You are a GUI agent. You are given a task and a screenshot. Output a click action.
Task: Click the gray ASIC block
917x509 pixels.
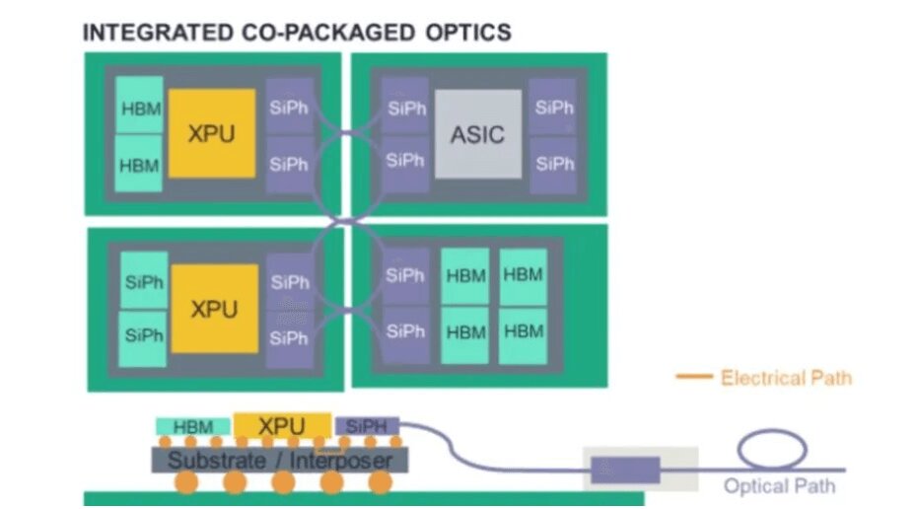[477, 133]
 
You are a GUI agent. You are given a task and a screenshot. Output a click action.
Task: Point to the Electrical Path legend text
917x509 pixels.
[785, 377]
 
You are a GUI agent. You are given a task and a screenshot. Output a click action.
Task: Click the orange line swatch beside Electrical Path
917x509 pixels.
[694, 377]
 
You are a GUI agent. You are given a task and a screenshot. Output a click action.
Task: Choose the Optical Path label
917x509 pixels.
[779, 485]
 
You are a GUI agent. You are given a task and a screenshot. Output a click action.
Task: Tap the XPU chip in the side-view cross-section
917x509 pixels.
[281, 426]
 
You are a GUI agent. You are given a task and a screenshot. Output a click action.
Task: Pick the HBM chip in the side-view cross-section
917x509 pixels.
[193, 427]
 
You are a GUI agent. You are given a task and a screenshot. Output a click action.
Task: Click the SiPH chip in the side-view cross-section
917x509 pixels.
[366, 426]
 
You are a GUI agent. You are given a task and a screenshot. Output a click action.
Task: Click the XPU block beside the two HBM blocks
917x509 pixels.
[212, 133]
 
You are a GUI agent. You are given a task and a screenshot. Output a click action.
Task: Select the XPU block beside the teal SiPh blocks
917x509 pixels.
[214, 309]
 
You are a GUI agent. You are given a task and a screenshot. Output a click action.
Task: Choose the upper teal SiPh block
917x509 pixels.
[144, 281]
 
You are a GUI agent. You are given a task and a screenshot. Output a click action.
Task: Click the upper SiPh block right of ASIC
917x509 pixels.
[553, 107]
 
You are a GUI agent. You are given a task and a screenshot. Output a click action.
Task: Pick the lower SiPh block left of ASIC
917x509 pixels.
[405, 159]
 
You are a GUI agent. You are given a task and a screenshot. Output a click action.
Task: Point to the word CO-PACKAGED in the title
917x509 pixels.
[327, 32]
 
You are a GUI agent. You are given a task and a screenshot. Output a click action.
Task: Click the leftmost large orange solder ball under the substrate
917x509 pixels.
[184, 483]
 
